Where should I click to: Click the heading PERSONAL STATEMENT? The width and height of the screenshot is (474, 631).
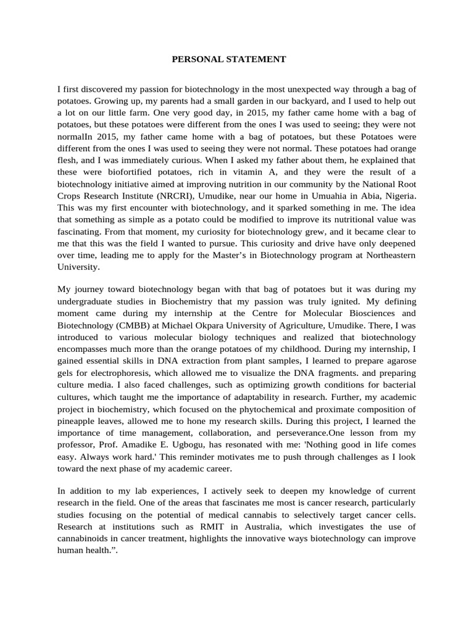coord(228,60)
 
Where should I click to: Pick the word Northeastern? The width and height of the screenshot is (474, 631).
coord(386,256)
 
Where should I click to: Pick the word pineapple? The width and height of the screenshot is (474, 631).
coord(78,421)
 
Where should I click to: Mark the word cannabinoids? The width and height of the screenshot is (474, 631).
coord(86,538)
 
